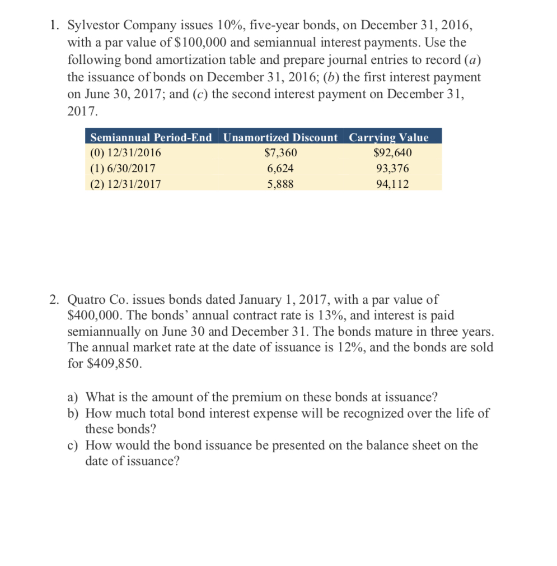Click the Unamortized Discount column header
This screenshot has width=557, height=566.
pyautogui.click(x=280, y=137)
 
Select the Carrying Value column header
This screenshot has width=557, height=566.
pyautogui.click(x=389, y=137)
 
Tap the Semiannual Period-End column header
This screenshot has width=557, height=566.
pyautogui.click(x=151, y=137)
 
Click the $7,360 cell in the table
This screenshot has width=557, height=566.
pyautogui.click(x=280, y=153)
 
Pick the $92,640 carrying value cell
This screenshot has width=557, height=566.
pyautogui.click(x=392, y=153)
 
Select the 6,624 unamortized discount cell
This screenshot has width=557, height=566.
pyautogui.click(x=280, y=168)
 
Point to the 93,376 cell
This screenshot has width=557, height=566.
pyautogui.click(x=392, y=168)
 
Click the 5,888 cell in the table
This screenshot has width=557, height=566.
pyautogui.click(x=280, y=184)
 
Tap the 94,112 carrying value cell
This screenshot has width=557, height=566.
pyautogui.click(x=392, y=184)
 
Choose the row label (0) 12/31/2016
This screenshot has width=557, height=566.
pyautogui.click(x=125, y=153)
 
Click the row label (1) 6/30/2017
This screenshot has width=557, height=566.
pyautogui.click(x=123, y=168)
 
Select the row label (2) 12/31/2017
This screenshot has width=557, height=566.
pyautogui.click(x=125, y=184)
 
